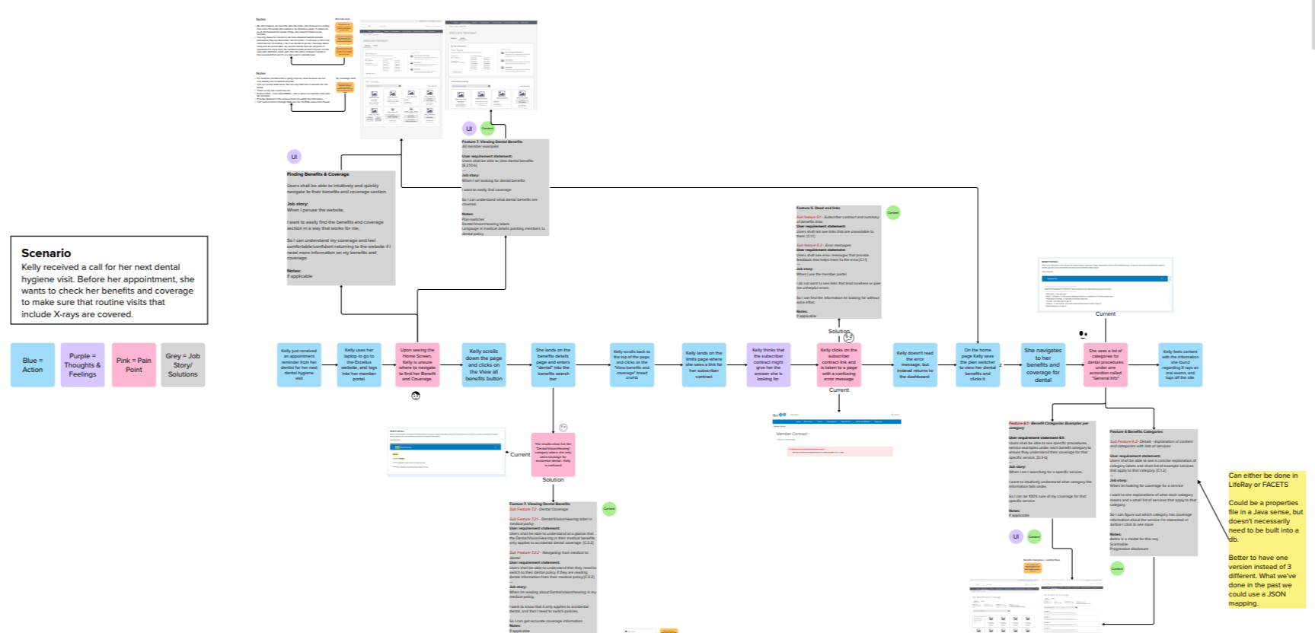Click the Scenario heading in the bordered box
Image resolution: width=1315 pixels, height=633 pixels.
coord(46,253)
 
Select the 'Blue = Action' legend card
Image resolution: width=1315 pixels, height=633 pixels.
coord(33,365)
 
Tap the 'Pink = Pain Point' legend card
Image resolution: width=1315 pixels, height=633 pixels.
coord(134,365)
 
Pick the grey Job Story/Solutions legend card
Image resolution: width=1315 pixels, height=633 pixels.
coord(183,365)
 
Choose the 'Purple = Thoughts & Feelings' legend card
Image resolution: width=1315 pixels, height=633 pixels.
coord(83,365)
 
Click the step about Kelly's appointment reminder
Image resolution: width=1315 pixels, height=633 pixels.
coord(299,365)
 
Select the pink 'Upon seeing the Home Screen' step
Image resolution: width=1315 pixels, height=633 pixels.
coord(418,365)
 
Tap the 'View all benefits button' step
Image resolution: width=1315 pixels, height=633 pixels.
coord(484,365)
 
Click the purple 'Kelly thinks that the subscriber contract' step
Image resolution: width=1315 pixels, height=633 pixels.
coord(768,365)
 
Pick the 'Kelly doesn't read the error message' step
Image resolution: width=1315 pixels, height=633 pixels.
coord(915,365)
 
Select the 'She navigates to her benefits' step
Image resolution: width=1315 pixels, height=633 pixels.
coord(1043,365)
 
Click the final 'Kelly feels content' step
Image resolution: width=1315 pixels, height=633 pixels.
coord(1180,365)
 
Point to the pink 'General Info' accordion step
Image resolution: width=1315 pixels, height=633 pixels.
coord(1106,365)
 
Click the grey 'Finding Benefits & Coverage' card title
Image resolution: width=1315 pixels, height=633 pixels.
coord(318,174)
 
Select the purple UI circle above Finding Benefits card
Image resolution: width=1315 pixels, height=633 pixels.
coord(294,157)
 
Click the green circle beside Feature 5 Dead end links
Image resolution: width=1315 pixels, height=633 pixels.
coord(893,213)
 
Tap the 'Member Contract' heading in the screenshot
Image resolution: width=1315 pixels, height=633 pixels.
coord(792,434)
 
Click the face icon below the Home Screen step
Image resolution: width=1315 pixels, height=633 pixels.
coord(416,396)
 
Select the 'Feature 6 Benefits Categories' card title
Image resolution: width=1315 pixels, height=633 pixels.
coord(1137,431)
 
